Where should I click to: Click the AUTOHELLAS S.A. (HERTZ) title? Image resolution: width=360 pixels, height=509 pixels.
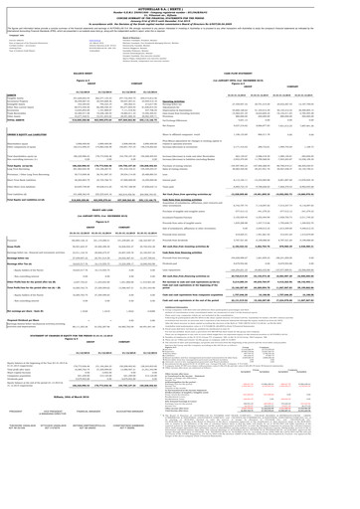point(180,5)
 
